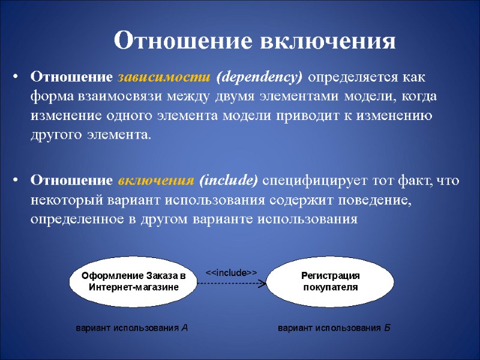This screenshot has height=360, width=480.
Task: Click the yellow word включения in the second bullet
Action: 155,181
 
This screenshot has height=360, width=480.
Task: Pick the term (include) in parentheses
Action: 228,181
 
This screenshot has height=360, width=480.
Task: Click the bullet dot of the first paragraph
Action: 17,78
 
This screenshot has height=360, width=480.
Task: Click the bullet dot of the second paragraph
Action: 17,181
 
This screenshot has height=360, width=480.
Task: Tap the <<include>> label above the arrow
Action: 232,272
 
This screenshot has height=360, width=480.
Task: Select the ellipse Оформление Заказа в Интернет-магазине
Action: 134,281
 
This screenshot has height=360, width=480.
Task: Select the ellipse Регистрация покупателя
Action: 330,281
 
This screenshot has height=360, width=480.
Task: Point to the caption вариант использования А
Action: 131,328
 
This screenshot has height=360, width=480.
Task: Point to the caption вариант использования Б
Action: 334,328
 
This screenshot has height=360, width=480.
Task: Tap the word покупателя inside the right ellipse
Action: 330,287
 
